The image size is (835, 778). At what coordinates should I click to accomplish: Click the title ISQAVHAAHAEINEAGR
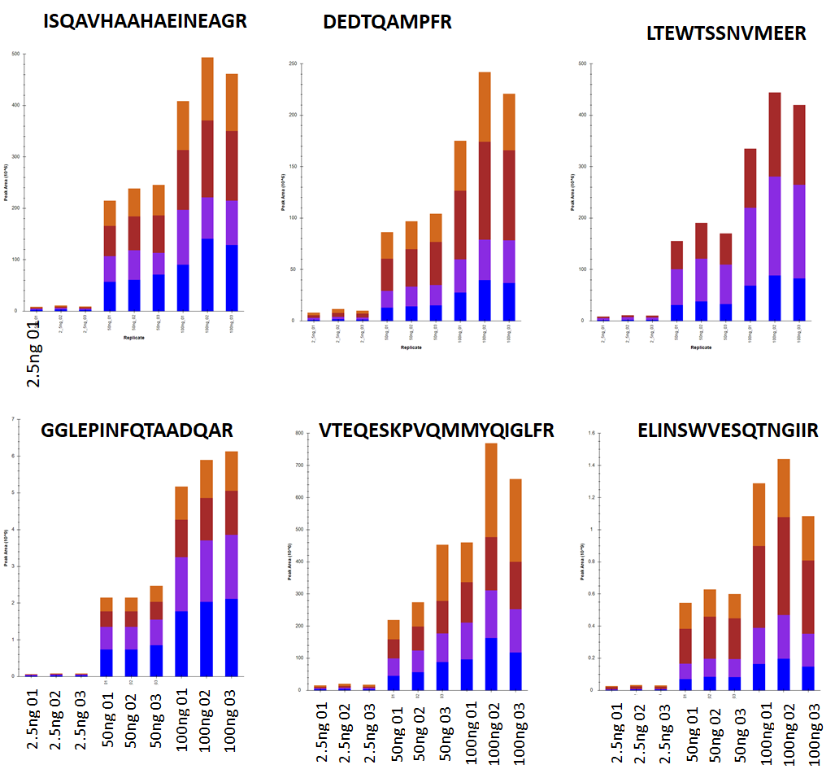[x=145, y=23]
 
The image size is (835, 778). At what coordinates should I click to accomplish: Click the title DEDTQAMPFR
[x=387, y=23]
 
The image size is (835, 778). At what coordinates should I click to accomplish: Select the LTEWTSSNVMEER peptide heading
[x=726, y=33]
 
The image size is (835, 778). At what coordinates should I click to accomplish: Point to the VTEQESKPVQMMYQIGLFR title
[x=437, y=431]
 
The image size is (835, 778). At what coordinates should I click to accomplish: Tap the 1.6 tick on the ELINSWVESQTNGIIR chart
[x=590, y=433]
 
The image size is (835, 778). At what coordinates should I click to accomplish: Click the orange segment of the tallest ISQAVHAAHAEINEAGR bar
[x=207, y=89]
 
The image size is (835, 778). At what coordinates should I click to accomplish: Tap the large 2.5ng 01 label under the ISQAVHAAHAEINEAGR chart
[x=34, y=354]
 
